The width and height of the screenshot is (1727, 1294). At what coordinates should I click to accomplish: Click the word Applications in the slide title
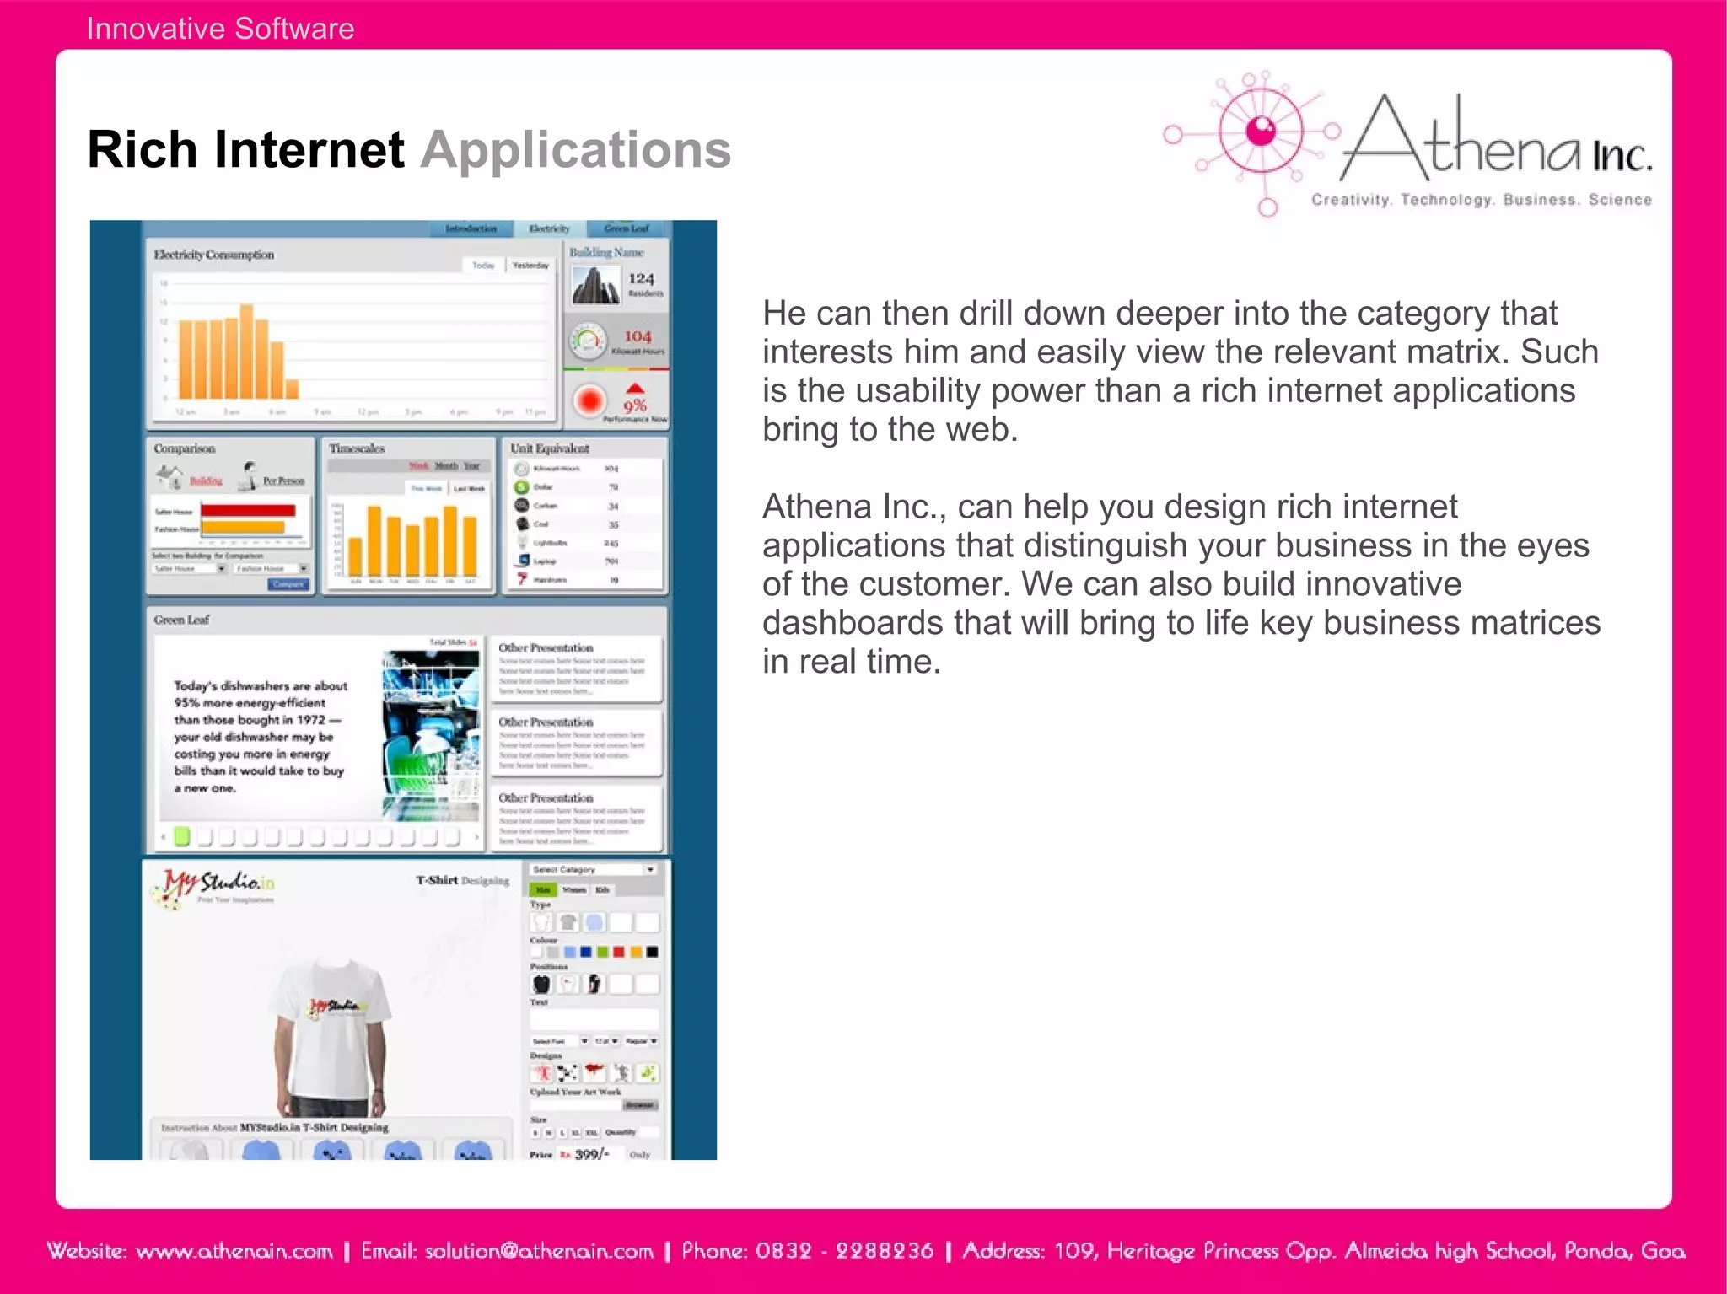tap(576, 150)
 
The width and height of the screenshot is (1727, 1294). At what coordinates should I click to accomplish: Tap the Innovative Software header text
tap(220, 29)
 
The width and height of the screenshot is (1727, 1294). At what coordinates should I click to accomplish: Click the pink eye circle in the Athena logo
tap(1262, 131)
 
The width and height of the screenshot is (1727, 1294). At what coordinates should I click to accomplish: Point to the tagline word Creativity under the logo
tap(1350, 200)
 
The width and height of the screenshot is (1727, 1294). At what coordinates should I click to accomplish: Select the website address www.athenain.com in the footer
tap(234, 1251)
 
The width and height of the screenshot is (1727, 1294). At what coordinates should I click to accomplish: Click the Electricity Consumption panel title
tap(214, 255)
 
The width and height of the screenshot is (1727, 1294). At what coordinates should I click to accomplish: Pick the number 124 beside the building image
tap(641, 278)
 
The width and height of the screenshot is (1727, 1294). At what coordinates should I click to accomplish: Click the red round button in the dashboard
tap(590, 400)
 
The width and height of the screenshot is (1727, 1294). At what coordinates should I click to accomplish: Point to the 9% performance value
tap(635, 405)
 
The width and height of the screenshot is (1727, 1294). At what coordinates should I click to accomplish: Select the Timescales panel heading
tap(357, 448)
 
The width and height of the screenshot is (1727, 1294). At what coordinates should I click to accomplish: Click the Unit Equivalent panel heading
tap(550, 448)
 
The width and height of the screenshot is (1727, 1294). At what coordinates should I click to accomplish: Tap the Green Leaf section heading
tap(181, 620)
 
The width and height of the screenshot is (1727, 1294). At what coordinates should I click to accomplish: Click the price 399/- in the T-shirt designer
tap(591, 1154)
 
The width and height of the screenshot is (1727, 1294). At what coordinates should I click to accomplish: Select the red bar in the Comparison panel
tap(248, 511)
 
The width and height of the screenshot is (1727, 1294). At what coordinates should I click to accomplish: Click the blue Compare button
tap(288, 584)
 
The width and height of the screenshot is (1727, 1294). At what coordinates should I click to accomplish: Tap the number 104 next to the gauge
tap(638, 336)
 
